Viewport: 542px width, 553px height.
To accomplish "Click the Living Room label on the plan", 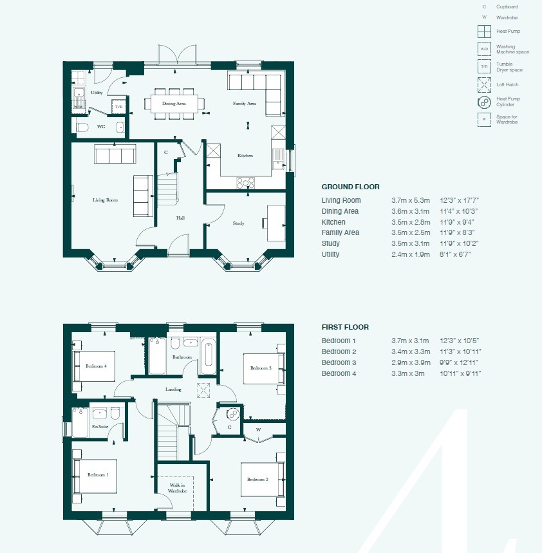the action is click(x=105, y=200).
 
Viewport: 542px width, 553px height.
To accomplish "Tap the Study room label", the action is click(x=238, y=223).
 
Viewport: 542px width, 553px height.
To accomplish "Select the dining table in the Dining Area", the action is click(x=174, y=104).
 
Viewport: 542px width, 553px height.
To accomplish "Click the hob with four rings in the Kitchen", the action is click(x=246, y=183).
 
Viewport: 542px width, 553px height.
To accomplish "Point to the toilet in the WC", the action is click(x=82, y=127).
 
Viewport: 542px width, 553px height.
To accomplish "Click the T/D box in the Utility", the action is click(x=119, y=106).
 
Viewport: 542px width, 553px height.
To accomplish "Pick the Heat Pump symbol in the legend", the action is click(x=484, y=32).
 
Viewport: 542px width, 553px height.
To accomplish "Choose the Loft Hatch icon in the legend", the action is click(x=484, y=85).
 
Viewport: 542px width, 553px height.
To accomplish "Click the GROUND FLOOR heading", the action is click(x=351, y=187).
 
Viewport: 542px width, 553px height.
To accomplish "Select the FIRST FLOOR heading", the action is click(x=345, y=327).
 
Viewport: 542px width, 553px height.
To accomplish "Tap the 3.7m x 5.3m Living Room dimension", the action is click(x=411, y=200).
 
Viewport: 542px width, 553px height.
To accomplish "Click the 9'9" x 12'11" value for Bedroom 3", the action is click(x=459, y=362).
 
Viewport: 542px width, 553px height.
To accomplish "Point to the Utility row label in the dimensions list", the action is click(x=330, y=254).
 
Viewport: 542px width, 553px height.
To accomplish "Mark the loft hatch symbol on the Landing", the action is click(x=203, y=390).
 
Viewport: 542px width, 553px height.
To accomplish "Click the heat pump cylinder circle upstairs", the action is click(x=233, y=414).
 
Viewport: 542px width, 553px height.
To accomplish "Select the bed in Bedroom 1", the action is click(x=95, y=476).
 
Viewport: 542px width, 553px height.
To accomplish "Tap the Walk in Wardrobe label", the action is click(x=177, y=488).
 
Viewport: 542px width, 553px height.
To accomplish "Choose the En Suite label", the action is click(x=100, y=426).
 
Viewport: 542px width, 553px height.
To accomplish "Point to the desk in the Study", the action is click(x=276, y=223).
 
